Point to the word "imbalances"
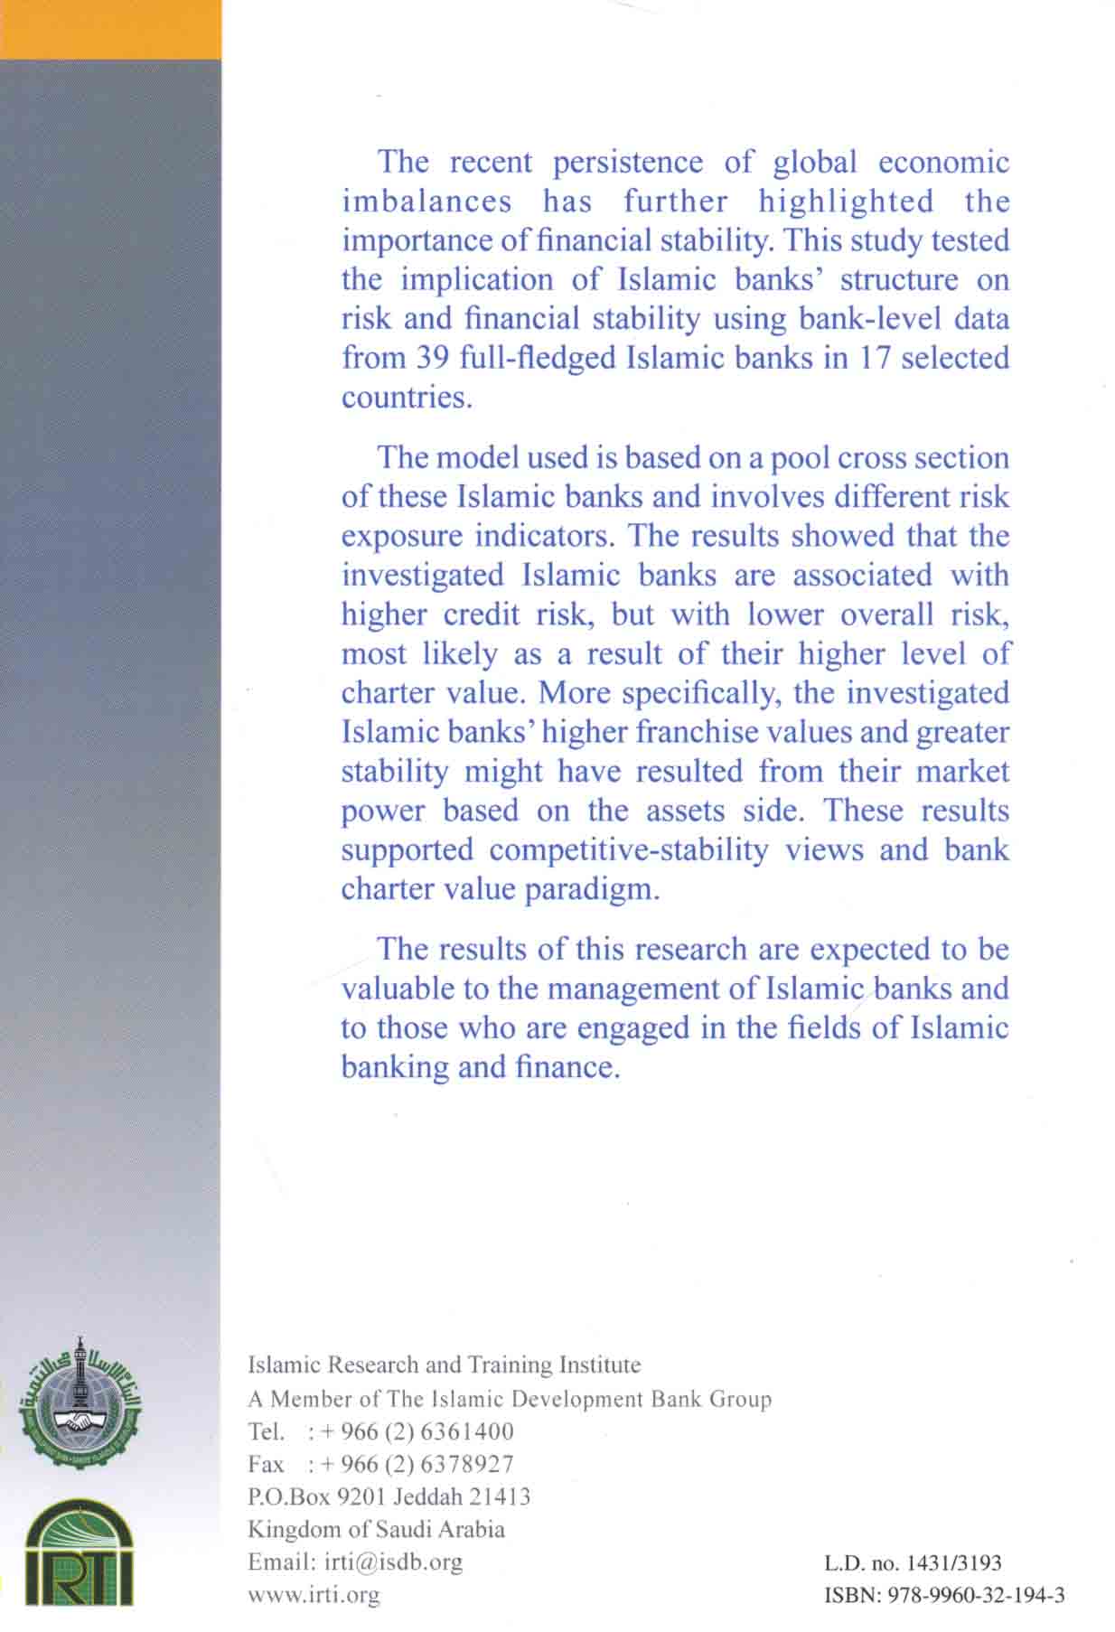pos(426,201)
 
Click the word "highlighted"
pos(846,201)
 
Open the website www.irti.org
pos(314,1594)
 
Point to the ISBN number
pos(944,1595)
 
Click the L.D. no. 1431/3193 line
pos(914,1562)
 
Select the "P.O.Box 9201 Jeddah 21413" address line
pos(389,1496)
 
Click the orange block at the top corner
pos(110,29)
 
